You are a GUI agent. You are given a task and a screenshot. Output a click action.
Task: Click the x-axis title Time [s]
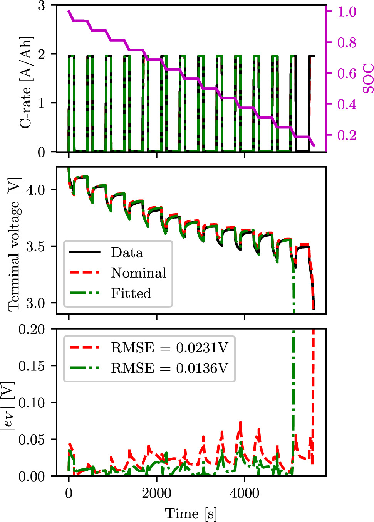[191, 514]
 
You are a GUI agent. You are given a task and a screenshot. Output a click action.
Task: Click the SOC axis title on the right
[368, 79]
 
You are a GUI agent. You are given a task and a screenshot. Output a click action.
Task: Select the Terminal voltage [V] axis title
[14, 244]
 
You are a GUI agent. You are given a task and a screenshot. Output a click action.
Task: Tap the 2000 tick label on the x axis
[156, 493]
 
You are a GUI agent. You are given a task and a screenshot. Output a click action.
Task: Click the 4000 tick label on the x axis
[245, 493]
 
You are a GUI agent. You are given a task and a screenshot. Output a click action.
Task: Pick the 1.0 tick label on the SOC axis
[347, 12]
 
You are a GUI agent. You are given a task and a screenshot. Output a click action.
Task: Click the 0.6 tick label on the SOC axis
[347, 73]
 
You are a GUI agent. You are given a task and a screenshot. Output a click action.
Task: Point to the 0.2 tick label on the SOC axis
[347, 135]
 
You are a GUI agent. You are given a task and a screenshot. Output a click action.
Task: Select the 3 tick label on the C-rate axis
[41, 6]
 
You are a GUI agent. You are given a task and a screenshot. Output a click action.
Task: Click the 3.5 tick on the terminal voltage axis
[35, 247]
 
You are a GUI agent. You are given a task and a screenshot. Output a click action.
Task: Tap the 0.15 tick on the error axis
[32, 366]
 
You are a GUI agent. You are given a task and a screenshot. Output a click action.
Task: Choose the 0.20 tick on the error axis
[32, 329]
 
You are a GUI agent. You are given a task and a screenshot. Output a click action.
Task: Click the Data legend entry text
[127, 253]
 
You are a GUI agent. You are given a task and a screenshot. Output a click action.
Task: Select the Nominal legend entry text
[139, 273]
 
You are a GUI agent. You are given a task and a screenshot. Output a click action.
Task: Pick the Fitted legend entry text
[131, 293]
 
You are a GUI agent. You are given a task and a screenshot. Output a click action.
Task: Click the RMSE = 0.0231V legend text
[169, 348]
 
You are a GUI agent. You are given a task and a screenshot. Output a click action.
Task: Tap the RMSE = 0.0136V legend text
[169, 368]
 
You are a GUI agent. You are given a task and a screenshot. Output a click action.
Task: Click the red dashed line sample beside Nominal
[85, 273]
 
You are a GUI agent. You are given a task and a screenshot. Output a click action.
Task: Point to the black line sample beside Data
[85, 252]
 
